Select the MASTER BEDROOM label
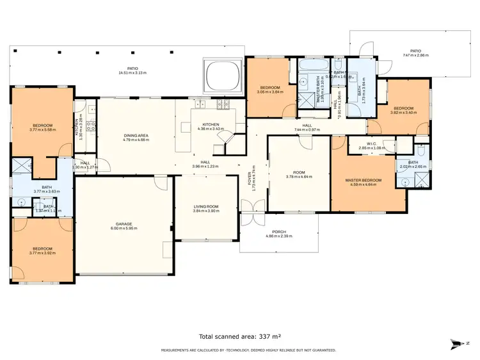[x=363, y=180]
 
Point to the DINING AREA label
[x=136, y=135]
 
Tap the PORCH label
[x=278, y=232]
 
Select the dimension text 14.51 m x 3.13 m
[x=132, y=73]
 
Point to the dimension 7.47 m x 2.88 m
[x=416, y=56]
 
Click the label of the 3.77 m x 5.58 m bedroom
[x=43, y=125]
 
